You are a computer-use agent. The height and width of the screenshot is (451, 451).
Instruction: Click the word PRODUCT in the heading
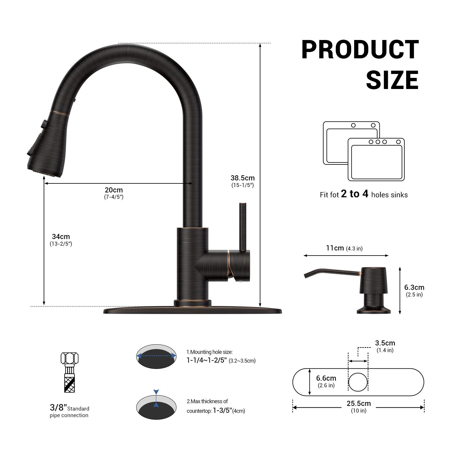click(360, 50)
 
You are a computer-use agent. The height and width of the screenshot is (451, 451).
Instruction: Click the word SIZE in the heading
click(392, 80)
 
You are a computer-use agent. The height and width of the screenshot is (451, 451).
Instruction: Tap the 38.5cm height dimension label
click(243, 178)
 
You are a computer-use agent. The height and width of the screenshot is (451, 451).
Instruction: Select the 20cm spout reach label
click(114, 190)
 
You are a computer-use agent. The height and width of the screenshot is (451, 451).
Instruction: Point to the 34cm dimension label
click(61, 237)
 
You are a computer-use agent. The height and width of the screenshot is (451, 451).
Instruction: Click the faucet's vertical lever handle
click(243, 227)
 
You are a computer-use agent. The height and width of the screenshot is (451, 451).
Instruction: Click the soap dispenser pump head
click(374, 280)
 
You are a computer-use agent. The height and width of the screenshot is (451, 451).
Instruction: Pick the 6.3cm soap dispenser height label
click(414, 287)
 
